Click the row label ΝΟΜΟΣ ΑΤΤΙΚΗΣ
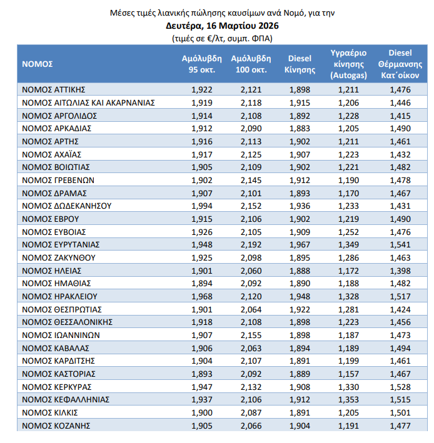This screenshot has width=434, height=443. [x=54, y=89]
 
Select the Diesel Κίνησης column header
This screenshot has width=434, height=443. [x=300, y=64]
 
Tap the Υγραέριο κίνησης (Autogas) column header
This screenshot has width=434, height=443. [x=348, y=64]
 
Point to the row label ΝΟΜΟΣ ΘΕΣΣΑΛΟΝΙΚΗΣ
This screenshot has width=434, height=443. [x=67, y=322]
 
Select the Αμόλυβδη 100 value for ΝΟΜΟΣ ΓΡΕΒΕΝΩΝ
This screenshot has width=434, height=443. [x=251, y=180]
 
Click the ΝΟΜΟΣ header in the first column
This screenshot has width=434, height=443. [x=38, y=64]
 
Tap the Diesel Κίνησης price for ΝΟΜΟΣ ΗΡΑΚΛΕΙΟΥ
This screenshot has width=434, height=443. [x=300, y=296]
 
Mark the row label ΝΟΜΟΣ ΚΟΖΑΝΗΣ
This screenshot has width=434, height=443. [x=56, y=426]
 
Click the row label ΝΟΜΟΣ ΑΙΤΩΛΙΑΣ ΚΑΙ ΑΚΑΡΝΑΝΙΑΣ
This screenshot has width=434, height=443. [x=88, y=102]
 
